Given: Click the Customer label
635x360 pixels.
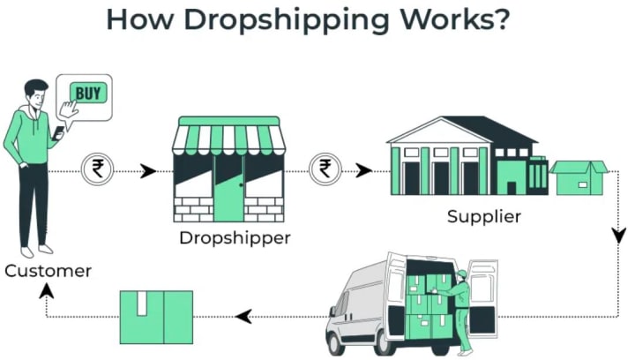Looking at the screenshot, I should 48,271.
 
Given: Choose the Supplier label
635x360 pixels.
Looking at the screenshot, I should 482,217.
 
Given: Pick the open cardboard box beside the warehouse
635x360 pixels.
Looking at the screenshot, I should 579,176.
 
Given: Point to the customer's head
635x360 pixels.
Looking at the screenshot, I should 34,94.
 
